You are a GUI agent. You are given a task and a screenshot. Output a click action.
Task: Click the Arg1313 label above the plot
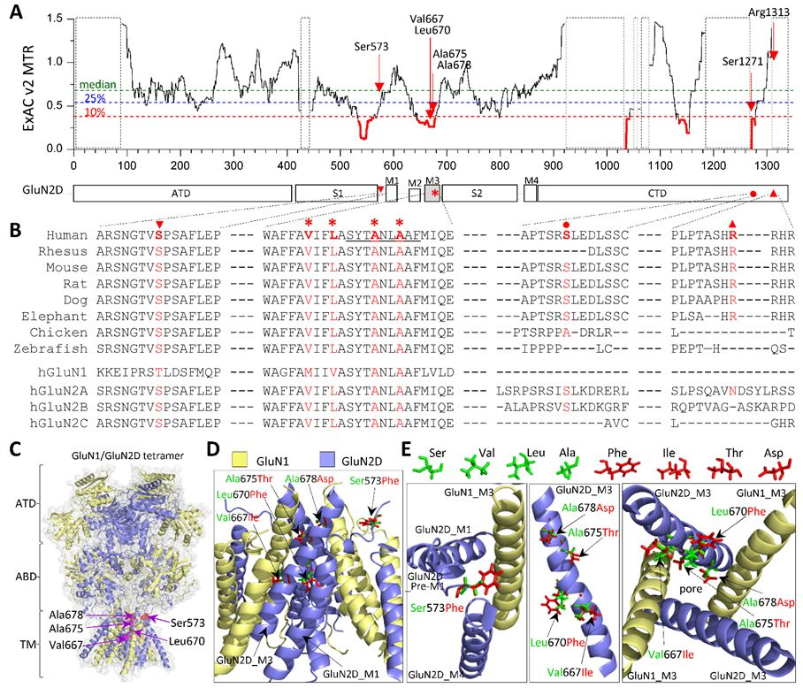(x=769, y=12)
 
